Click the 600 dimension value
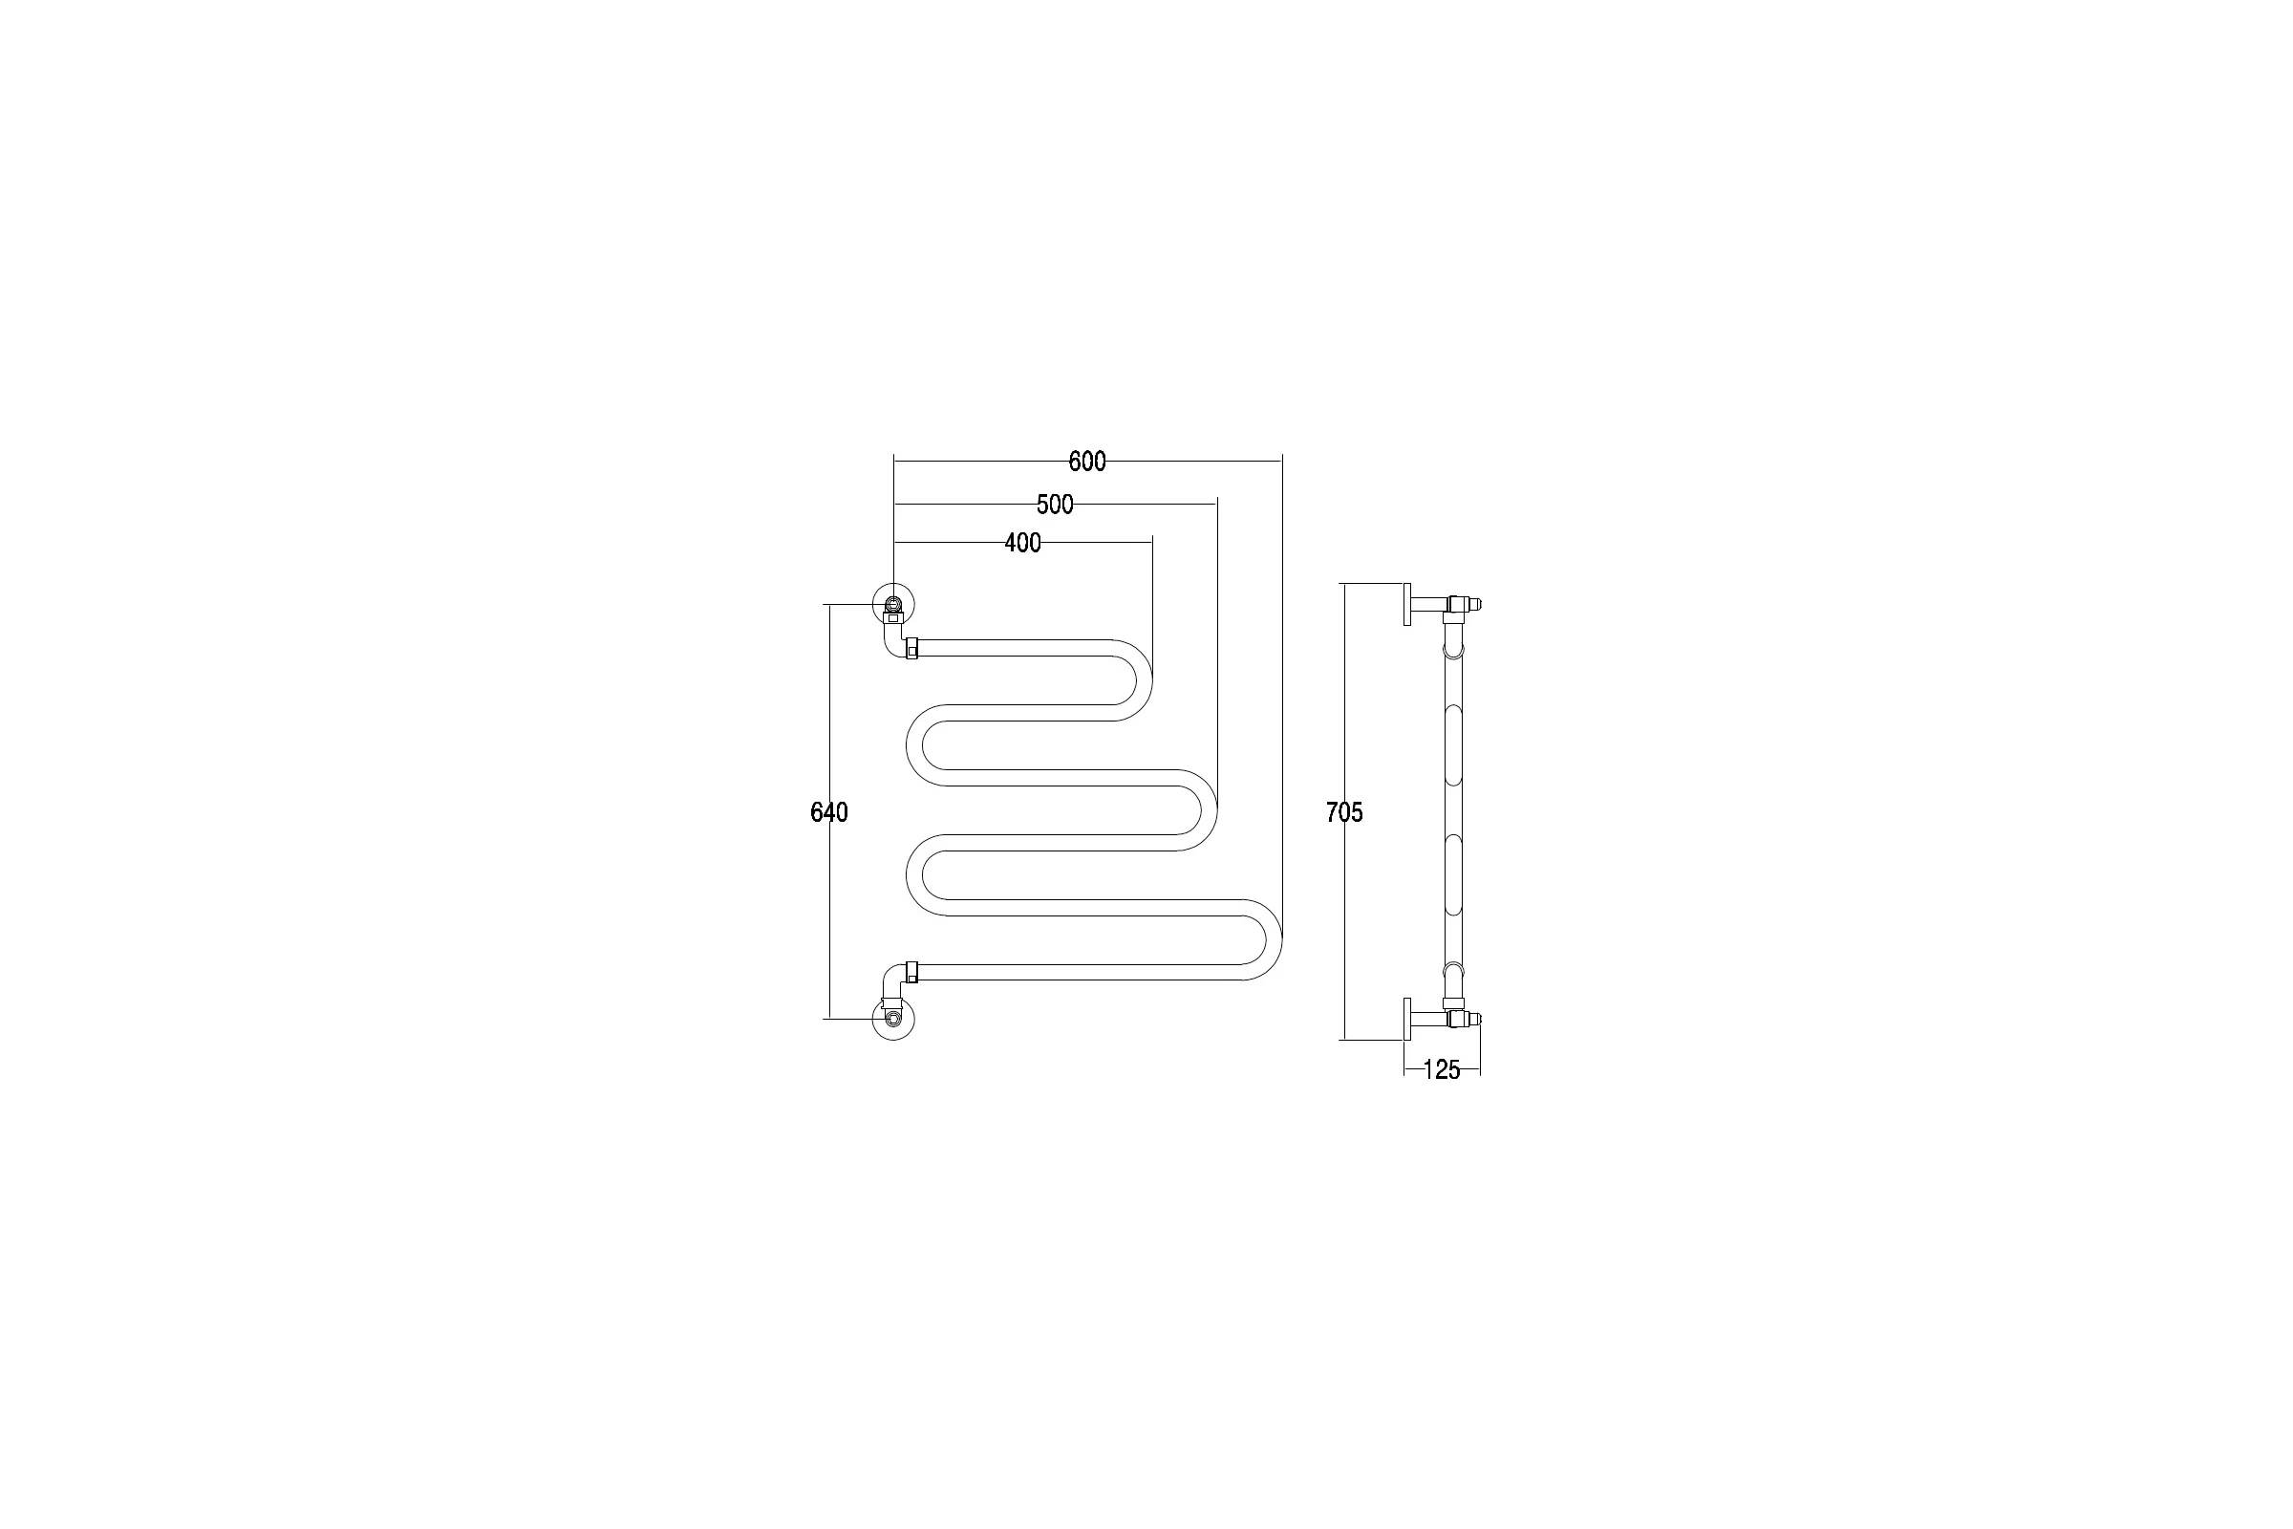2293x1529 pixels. coord(1087,462)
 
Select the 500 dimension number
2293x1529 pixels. coord(1055,505)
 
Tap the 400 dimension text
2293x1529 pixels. coord(1022,542)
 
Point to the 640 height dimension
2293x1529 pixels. coord(829,811)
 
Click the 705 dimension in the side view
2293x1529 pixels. coord(1344,811)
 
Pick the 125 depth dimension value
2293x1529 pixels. coord(1442,1069)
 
